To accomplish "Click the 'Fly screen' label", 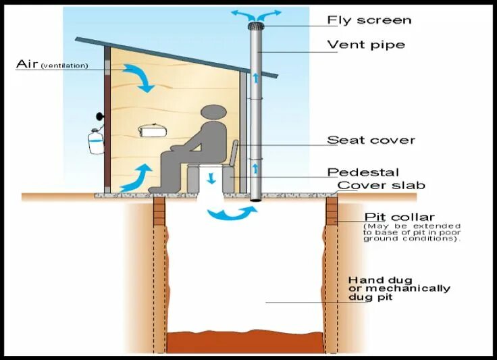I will [x=369, y=20].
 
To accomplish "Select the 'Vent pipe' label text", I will [x=366, y=45].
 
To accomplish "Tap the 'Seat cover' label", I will [x=371, y=140].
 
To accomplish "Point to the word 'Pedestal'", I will [x=363, y=172].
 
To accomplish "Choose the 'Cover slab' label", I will [x=381, y=185].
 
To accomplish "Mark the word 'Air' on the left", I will [x=26, y=65].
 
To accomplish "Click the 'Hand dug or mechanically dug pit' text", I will [x=398, y=288].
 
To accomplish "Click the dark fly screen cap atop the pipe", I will [x=256, y=26].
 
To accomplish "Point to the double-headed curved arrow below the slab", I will [x=232, y=214].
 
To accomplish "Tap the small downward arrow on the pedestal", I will [x=211, y=178].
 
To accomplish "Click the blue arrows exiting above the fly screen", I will [x=256, y=13].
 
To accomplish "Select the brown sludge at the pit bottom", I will [x=246, y=342].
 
